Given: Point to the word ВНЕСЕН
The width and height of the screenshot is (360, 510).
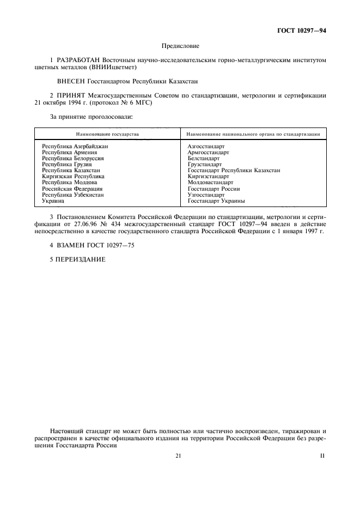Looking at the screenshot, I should pos(70,81).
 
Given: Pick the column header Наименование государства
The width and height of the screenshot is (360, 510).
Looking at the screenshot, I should pos(107,134).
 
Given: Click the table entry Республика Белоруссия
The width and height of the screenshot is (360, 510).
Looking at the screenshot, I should pos(73,159).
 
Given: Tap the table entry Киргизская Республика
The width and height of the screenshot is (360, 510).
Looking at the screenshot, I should pos(73,177).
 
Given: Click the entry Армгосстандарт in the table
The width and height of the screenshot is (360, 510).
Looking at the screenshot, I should pos(209,153).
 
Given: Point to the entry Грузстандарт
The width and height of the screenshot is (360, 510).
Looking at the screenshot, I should pos(204,165).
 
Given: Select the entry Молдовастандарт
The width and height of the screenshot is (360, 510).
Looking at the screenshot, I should pos(210,183).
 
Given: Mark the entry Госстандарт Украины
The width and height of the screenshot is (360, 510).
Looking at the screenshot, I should pos(216,201).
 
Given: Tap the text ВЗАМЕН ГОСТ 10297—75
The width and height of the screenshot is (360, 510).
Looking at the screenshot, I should pos(92,246).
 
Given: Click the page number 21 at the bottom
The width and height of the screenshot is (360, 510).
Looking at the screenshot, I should pos(179,456).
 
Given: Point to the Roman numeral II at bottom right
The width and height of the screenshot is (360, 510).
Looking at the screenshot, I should pos(322,456).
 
